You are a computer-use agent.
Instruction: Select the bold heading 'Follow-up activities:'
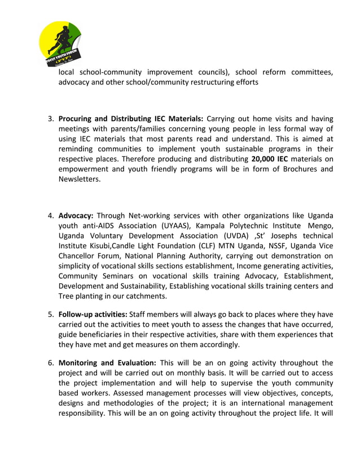pos(93,314)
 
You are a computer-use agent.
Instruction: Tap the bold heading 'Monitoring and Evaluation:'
pos(107,363)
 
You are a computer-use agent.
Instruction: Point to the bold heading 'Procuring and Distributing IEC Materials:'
pos(131,118)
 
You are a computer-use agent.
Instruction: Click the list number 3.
pos(50,118)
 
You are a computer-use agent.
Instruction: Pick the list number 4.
pos(50,216)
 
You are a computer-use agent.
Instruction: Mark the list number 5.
pos(50,314)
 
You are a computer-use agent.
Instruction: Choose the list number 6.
pos(50,363)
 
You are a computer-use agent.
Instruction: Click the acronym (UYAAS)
pos(166,226)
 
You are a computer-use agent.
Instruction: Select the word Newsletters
pos(80,179)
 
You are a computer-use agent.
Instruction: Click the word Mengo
pos(319,226)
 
